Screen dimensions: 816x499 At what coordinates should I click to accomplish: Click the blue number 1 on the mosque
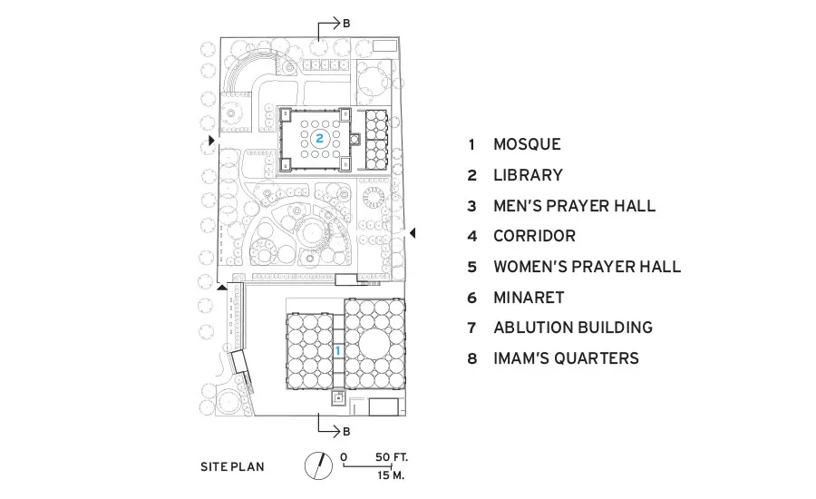coord(337,350)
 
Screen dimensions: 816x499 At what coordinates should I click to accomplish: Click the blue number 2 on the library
coord(319,138)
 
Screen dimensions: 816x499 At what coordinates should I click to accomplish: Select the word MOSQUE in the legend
coord(527,144)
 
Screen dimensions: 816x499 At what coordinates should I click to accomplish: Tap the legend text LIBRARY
coord(529,175)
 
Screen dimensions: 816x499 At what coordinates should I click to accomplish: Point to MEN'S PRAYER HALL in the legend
coord(575,206)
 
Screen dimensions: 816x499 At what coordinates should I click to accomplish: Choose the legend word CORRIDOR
coord(534,236)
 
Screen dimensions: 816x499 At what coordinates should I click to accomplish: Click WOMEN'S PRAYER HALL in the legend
coord(588,267)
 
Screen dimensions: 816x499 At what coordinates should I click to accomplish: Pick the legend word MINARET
coord(529,298)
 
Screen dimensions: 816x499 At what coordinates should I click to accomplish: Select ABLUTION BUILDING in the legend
coord(573,328)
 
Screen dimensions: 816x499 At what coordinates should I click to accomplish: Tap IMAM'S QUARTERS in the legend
coord(566,358)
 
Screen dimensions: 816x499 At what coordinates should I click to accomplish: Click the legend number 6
coord(472,298)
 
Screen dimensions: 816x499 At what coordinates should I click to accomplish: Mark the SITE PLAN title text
coord(232,466)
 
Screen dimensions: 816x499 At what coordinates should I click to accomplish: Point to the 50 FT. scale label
coord(392,457)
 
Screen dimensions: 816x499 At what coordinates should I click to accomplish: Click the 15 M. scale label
coord(391,475)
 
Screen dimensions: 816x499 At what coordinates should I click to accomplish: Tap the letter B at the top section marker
coord(346,24)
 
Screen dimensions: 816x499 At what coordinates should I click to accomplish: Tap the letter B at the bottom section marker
coord(346,432)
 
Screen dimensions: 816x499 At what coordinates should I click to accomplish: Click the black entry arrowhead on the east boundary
coord(413,233)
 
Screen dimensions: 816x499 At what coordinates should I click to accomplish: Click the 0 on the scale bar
coord(344,457)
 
